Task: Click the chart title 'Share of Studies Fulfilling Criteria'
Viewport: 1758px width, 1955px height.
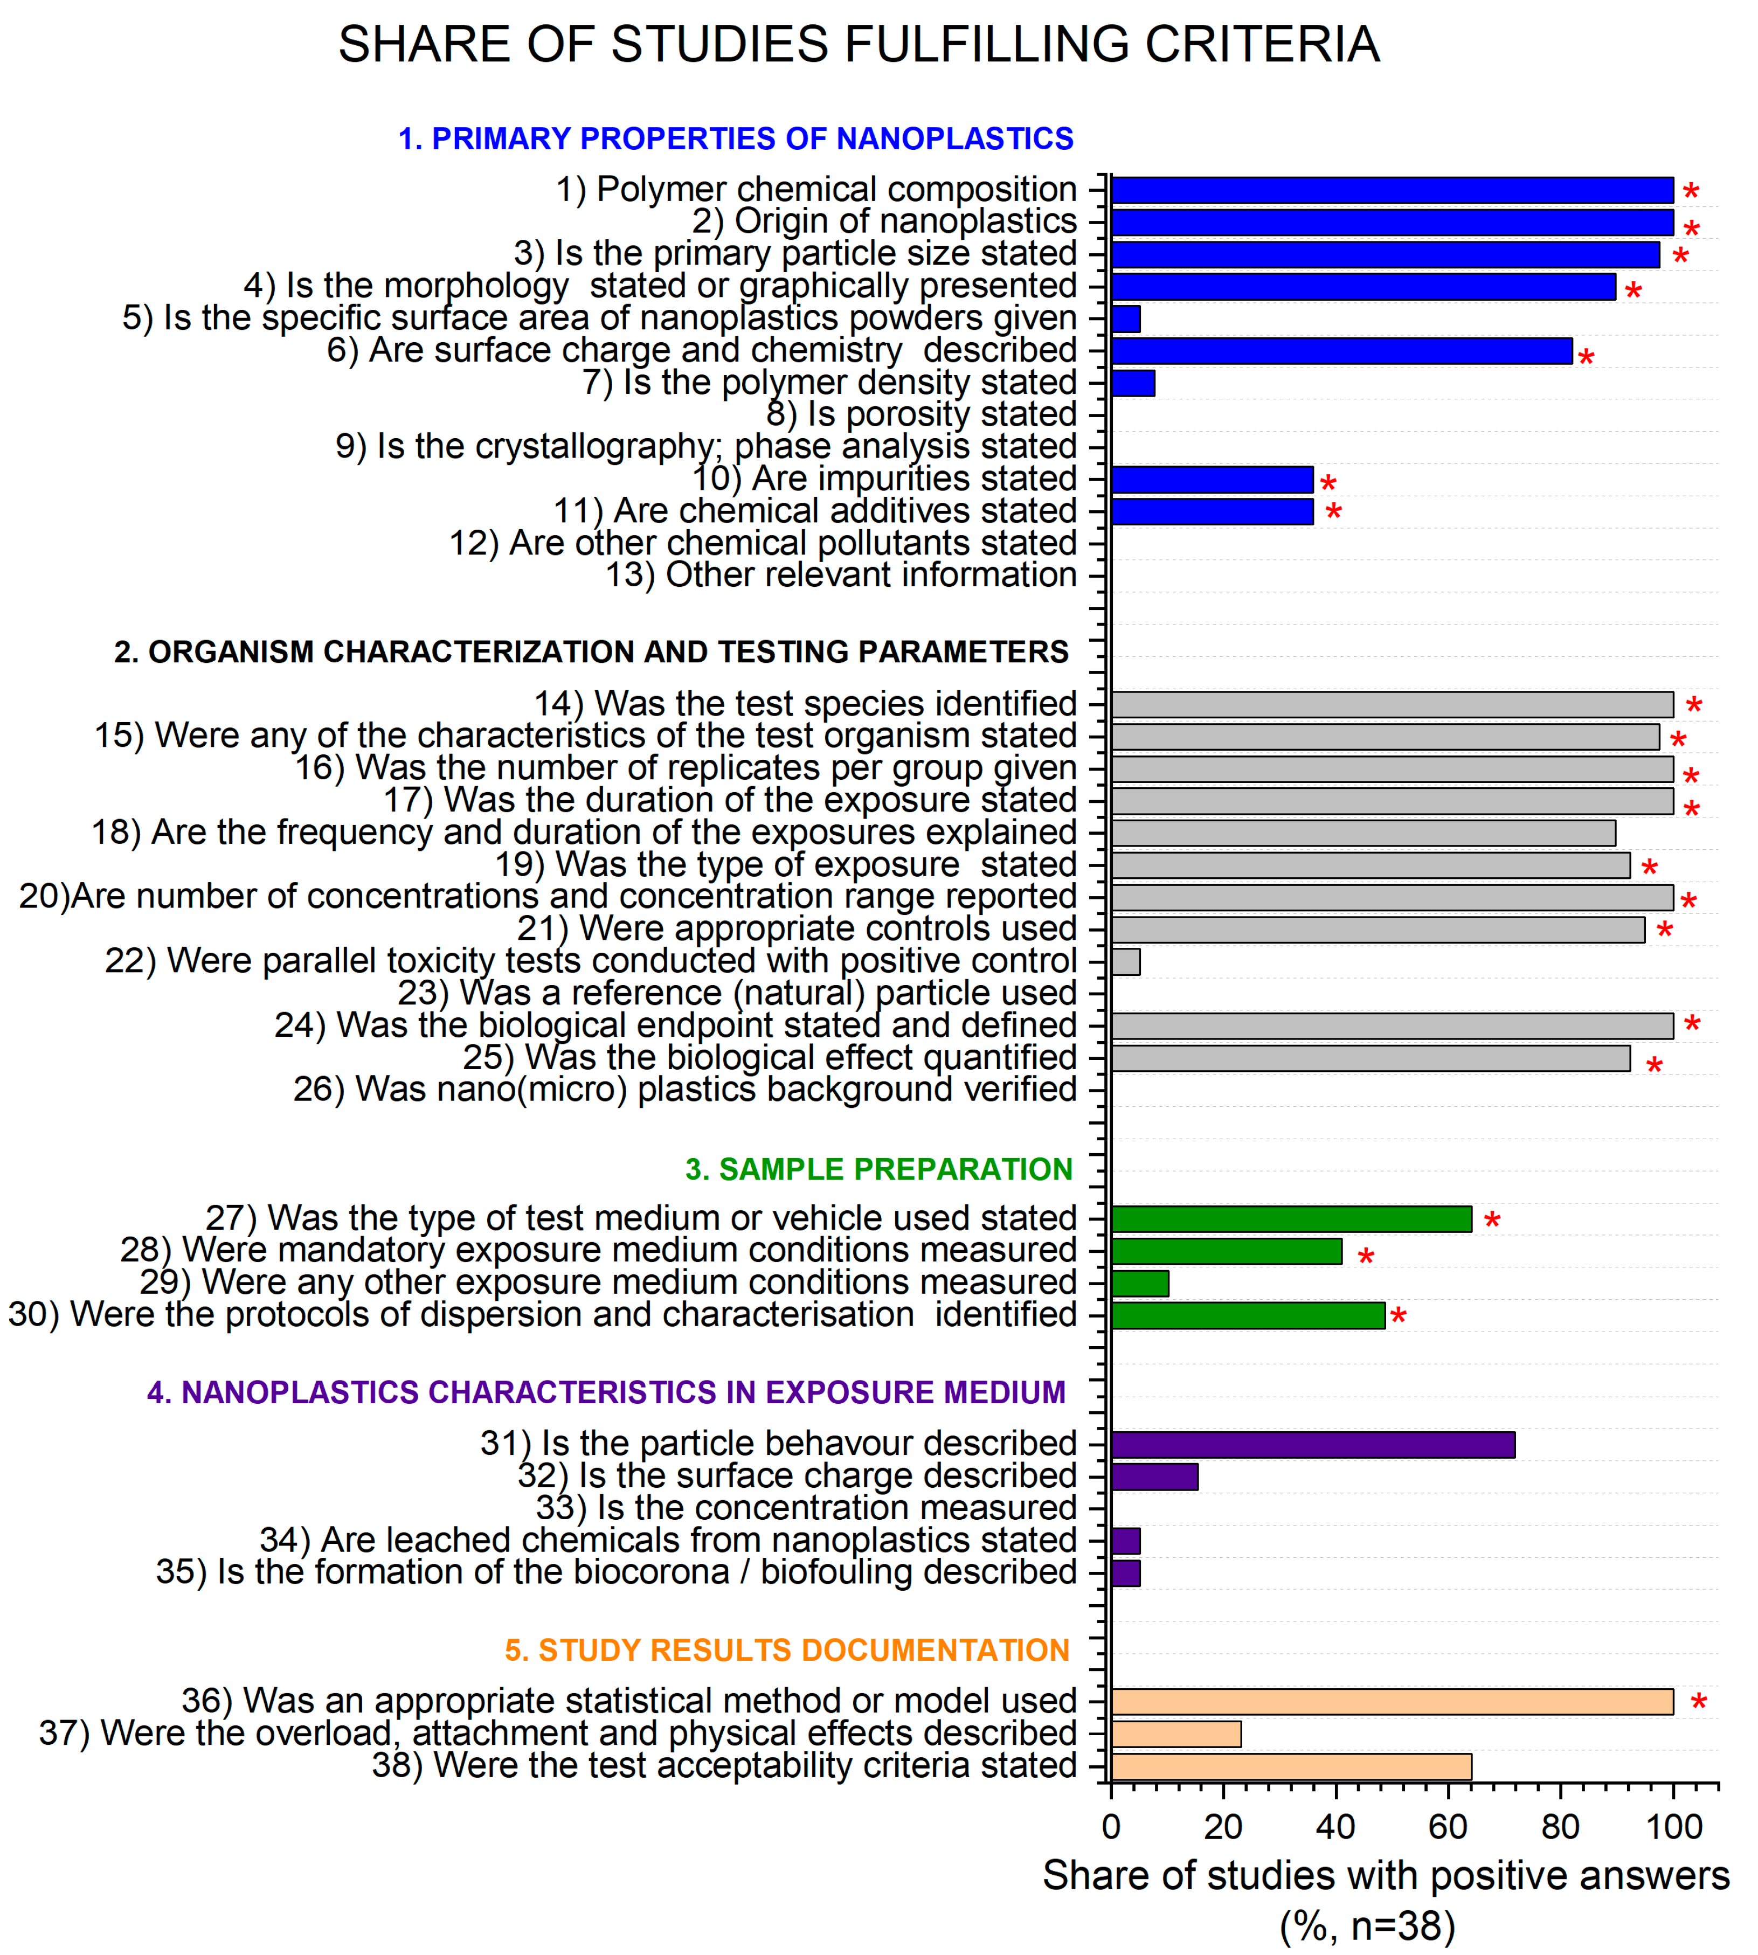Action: (859, 44)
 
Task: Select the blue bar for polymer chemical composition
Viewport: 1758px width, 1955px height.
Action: (1391, 190)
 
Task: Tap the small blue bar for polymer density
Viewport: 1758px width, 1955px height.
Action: (1132, 384)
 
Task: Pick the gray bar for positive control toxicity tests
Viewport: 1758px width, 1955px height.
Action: (1125, 962)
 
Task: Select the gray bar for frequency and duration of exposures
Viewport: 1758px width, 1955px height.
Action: (1362, 833)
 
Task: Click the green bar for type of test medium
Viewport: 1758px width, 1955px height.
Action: (1291, 1219)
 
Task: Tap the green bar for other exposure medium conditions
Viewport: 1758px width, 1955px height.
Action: (1140, 1284)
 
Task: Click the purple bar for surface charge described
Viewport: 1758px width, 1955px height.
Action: (1154, 1477)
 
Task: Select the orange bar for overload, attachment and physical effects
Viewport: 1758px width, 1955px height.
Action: (1175, 1735)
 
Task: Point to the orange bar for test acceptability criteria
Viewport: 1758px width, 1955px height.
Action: (1291, 1766)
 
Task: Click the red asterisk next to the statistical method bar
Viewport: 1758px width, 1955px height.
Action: (1698, 1703)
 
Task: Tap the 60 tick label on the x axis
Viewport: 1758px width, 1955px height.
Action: (1448, 1827)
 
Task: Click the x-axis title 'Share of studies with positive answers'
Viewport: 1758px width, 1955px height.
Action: (1385, 1876)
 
